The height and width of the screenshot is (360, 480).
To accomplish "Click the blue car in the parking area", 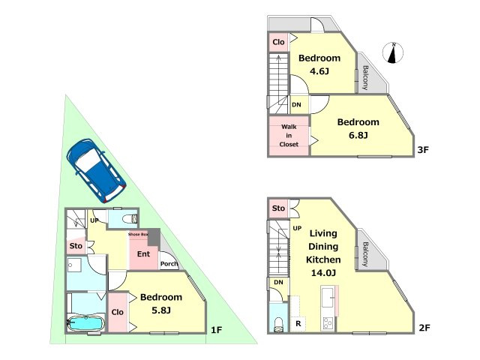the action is [96, 170].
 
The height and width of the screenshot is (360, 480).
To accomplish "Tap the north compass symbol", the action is [393, 52].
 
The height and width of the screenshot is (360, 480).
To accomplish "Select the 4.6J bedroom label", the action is [319, 64].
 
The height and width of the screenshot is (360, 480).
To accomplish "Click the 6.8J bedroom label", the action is [358, 128].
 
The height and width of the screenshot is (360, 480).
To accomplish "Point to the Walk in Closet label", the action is [289, 135].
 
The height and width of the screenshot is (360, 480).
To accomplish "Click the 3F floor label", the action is [423, 150].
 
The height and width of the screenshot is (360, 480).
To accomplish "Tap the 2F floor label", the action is [424, 328].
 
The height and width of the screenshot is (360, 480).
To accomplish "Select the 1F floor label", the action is [217, 330].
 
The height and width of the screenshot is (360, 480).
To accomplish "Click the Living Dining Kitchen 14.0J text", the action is [323, 253].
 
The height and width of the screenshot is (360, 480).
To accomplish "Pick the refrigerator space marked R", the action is [298, 323].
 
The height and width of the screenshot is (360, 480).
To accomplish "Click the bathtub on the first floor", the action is [86, 323].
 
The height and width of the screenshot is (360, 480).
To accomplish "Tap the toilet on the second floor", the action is [278, 325].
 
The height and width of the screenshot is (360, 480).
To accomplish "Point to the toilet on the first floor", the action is [130, 219].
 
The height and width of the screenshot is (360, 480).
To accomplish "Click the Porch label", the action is [169, 264].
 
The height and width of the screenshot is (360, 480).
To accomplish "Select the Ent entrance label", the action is [143, 253].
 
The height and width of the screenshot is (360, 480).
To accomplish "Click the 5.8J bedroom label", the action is [161, 304].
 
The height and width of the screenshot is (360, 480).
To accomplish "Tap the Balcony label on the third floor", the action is [365, 78].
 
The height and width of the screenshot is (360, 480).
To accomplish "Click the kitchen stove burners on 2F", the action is [328, 323].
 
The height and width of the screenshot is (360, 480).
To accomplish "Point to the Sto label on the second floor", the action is [278, 208].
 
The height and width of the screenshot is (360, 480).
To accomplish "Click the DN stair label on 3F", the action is [296, 105].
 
